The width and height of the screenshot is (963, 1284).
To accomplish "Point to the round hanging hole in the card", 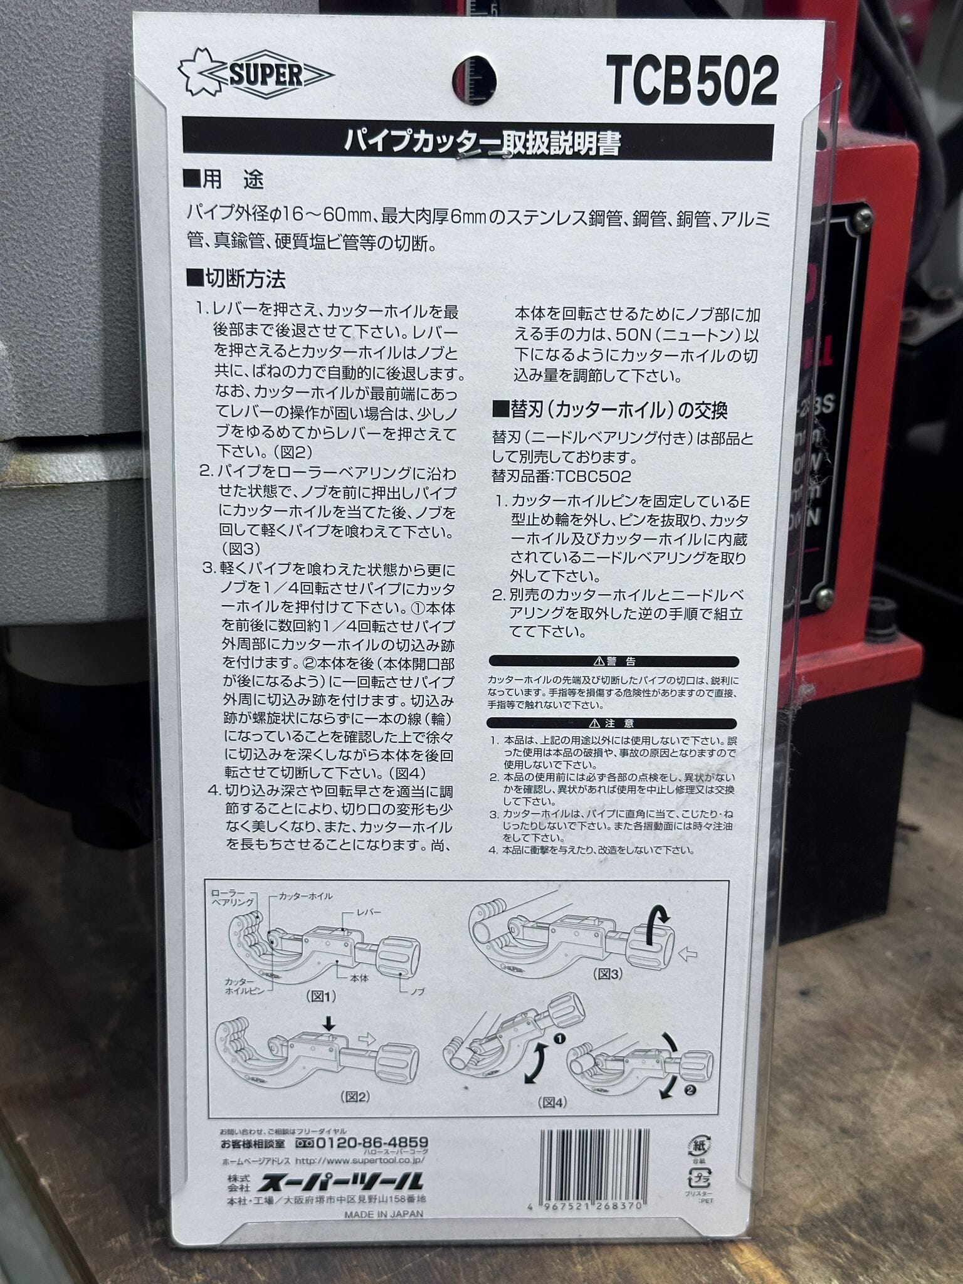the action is click(x=474, y=80).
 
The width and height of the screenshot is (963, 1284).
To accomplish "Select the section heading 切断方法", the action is click(x=235, y=278).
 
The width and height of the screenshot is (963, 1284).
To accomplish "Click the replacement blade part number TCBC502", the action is click(x=592, y=476).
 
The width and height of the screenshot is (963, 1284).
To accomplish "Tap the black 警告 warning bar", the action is click(x=614, y=661).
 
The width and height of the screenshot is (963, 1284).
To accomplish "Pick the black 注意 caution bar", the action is click(x=614, y=723).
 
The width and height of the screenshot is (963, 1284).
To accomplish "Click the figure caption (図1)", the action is click(x=321, y=995).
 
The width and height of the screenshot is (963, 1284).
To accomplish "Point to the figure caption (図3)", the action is click(x=608, y=974).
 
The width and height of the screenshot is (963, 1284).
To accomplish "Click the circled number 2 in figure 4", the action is click(x=690, y=1090).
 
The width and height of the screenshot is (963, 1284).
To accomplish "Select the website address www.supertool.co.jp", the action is click(x=359, y=1160).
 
